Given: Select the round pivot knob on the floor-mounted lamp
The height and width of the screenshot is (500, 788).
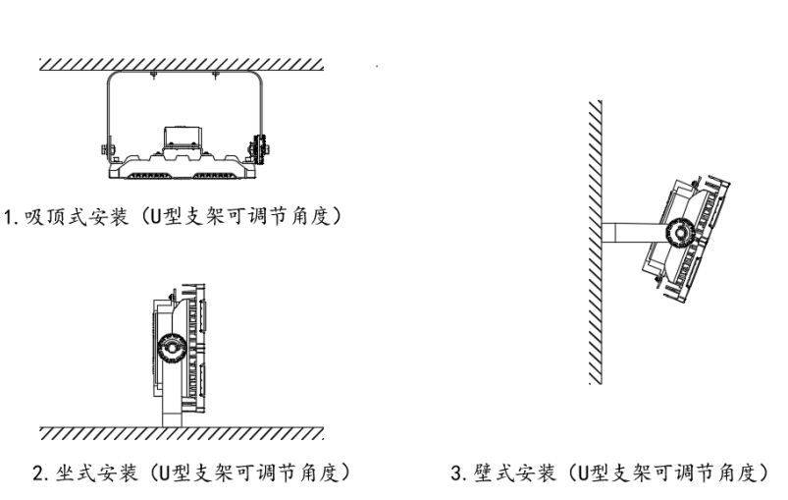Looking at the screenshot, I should tap(172, 348).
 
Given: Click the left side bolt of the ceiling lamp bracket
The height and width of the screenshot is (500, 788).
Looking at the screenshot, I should tap(105, 148).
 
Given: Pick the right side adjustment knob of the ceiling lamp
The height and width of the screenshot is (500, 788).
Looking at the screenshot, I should tap(259, 149).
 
